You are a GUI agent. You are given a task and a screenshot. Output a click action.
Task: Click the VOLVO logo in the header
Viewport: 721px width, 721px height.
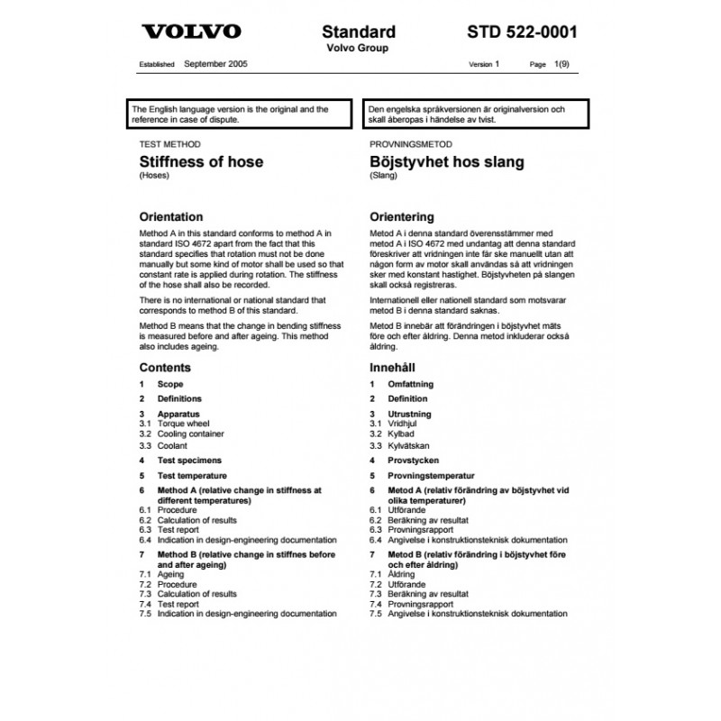(192, 32)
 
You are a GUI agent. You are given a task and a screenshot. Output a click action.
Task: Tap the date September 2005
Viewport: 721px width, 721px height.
(215, 65)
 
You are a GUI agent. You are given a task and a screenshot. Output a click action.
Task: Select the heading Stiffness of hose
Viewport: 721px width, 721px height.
(201, 162)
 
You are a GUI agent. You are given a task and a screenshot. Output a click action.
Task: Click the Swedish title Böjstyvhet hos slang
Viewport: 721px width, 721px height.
(447, 162)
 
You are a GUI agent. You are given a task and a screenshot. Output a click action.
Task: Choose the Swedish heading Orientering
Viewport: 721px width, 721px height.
(402, 217)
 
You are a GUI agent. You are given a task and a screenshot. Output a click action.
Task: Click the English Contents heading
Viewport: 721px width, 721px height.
(165, 368)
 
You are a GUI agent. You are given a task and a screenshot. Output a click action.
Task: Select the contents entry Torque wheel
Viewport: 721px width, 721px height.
(183, 423)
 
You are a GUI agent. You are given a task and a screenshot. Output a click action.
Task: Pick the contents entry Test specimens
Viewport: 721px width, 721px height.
(191, 460)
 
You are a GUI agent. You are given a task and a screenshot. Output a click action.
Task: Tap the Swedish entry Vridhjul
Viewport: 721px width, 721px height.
(404, 423)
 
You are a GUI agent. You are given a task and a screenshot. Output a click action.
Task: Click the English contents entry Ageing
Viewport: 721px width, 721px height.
(170, 573)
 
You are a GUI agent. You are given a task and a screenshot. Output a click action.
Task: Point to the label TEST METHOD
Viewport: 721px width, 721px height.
(169, 144)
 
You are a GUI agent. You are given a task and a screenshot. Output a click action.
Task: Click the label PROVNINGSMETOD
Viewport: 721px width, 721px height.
(411, 144)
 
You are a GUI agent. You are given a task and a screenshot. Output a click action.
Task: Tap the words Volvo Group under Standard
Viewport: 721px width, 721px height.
(358, 48)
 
